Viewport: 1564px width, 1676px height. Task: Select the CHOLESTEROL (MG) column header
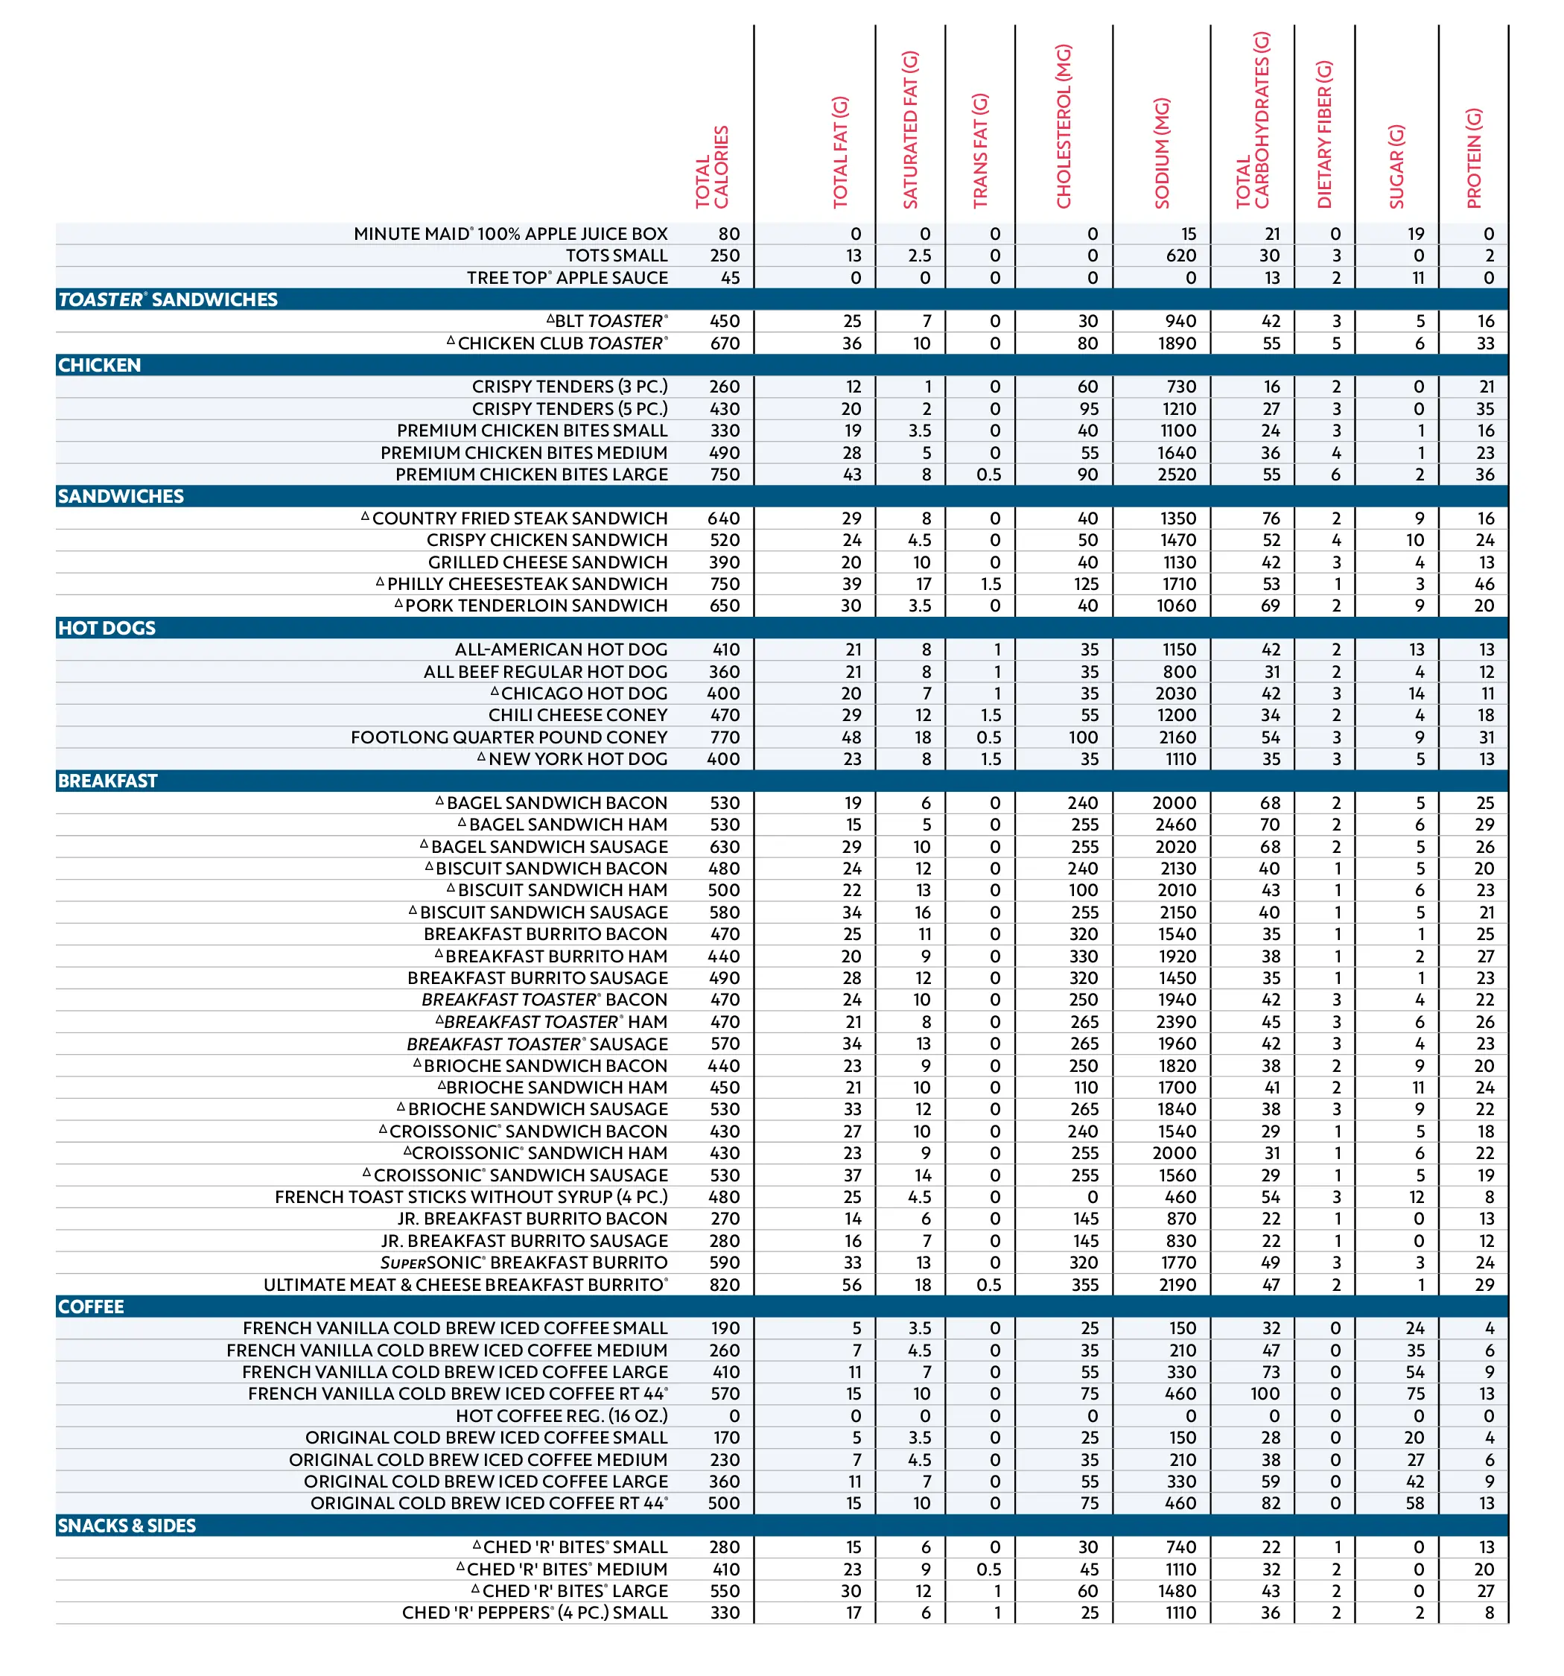pos(1064,127)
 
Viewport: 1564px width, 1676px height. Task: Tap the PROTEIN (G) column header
pos(1473,159)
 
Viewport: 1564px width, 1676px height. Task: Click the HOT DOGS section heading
pos(107,628)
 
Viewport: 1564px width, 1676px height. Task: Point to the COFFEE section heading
pos(90,1307)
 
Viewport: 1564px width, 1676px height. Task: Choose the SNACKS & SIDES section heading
pos(127,1526)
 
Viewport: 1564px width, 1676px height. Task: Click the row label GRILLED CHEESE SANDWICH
pos(547,562)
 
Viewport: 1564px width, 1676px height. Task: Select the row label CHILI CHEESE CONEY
pos(577,715)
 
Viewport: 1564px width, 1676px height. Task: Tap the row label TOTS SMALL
pos(617,255)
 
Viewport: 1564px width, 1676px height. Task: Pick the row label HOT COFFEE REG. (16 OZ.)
pos(562,1416)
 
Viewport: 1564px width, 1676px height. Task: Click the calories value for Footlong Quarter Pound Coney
pos(724,737)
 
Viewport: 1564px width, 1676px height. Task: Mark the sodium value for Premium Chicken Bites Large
pos(1176,474)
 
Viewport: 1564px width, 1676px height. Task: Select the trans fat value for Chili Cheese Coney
pos(990,715)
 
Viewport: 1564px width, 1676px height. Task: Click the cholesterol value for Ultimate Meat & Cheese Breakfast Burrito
pos(1084,1285)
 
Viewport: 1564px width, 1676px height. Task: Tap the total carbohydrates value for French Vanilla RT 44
pos(1265,1394)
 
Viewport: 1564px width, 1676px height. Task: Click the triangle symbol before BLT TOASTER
pos(550,319)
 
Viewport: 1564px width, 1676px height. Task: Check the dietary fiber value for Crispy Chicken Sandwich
pos(1335,540)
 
